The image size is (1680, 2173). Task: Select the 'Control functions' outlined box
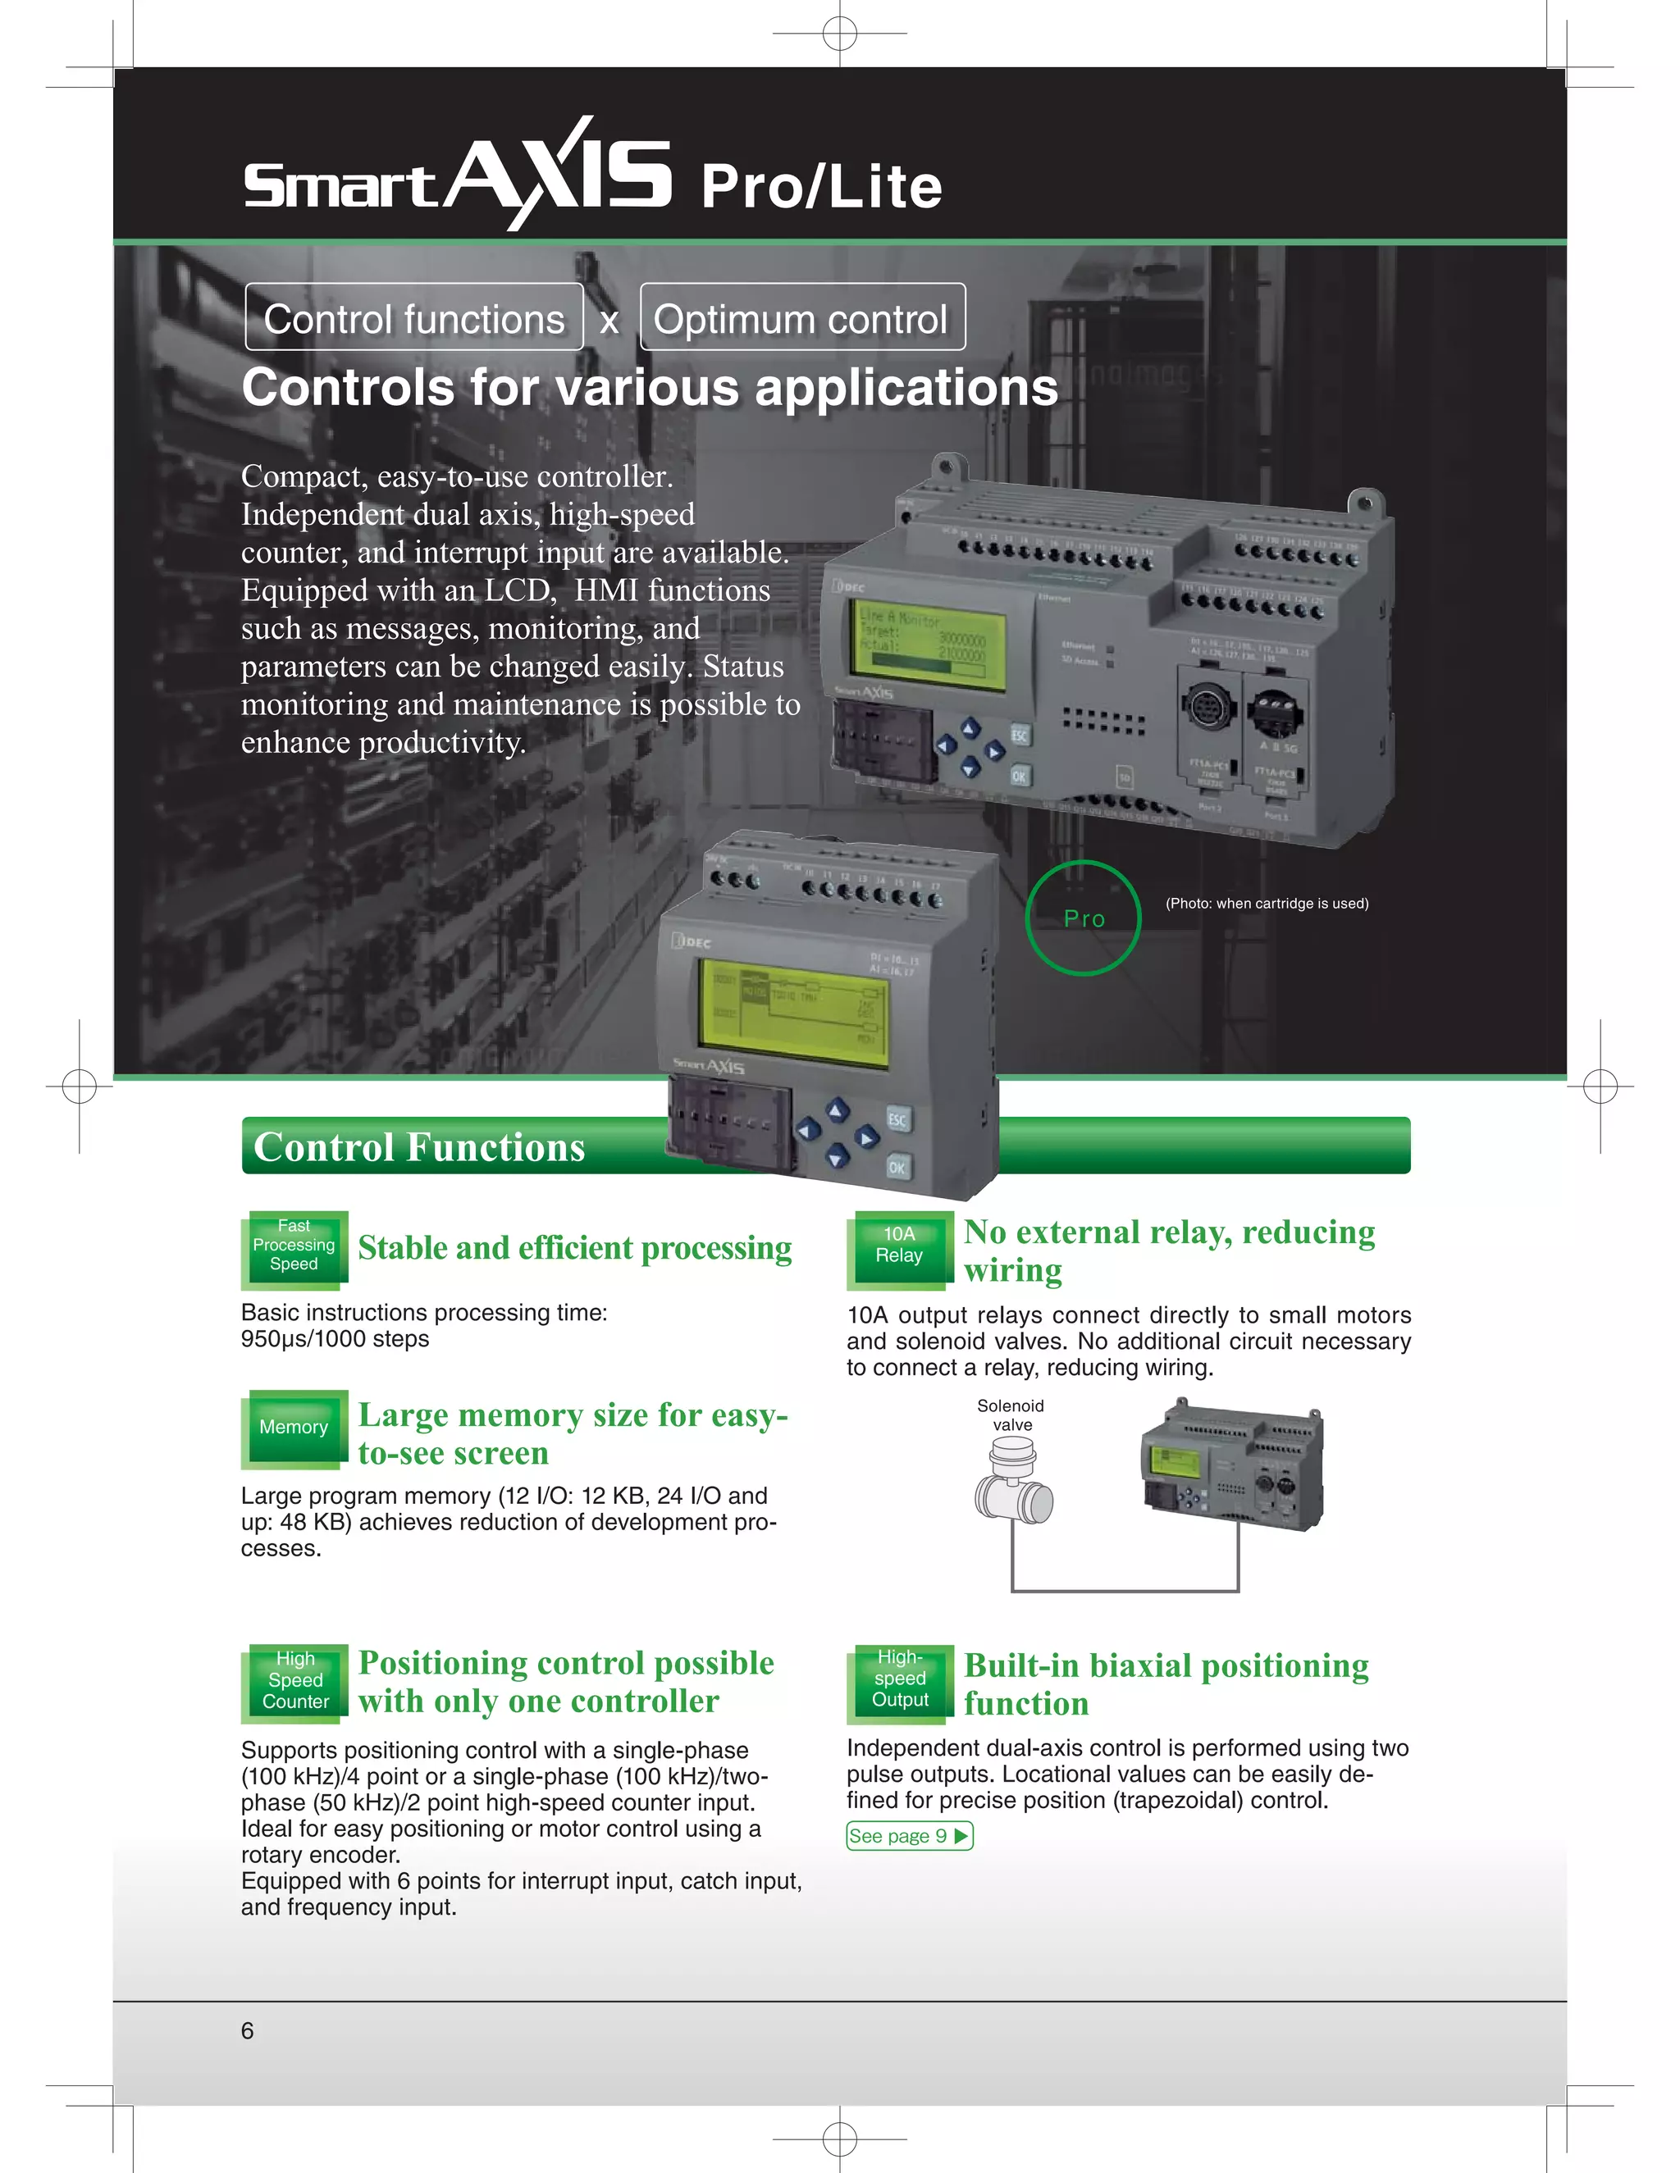coord(414,318)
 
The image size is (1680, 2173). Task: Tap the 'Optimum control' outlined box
coord(802,318)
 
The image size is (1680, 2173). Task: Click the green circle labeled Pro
coord(1083,918)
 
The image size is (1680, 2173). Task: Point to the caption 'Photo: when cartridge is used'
coord(1266,904)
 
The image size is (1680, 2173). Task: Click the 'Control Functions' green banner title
coord(419,1147)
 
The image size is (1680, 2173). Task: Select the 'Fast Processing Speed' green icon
coord(294,1246)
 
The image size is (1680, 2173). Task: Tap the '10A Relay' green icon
coord(900,1246)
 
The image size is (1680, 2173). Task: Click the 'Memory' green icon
coord(294,1428)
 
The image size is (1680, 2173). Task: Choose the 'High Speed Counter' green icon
coord(295,1682)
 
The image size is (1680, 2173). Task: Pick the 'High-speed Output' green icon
coord(900,1679)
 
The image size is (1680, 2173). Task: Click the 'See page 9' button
coord(909,1836)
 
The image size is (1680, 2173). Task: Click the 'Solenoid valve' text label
coord(1011,1414)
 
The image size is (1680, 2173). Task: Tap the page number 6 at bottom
coord(247,2030)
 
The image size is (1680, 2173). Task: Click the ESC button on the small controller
coord(897,1120)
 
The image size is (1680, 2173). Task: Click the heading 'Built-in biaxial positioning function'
coord(1166,1684)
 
